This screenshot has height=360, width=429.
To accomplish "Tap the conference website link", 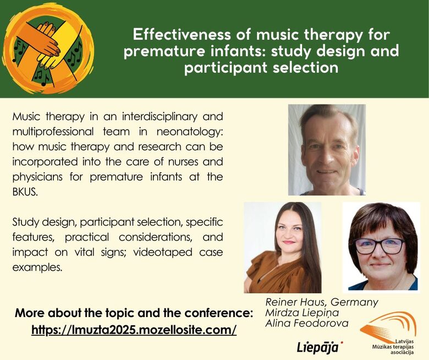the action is click(x=134, y=330).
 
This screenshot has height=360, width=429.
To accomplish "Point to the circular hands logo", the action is click(x=48, y=50).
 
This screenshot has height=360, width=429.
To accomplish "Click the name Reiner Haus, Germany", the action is click(x=322, y=302).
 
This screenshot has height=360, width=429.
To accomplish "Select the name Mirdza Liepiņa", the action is click(x=302, y=313).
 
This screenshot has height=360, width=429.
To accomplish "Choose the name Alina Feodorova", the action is click(x=307, y=323).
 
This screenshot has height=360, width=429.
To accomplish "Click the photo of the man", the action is click(x=327, y=150).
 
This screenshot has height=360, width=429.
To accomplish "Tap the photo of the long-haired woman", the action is click(x=283, y=248).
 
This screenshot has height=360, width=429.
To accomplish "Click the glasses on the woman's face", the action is click(x=379, y=246).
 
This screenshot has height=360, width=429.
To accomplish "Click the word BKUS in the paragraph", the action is click(x=25, y=192).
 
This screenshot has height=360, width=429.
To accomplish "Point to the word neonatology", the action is click(x=190, y=132).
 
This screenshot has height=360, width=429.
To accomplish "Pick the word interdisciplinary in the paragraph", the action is click(x=159, y=117).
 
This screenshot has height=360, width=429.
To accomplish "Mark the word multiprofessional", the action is click(x=53, y=132).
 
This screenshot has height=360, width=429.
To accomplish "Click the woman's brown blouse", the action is click(x=276, y=274).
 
